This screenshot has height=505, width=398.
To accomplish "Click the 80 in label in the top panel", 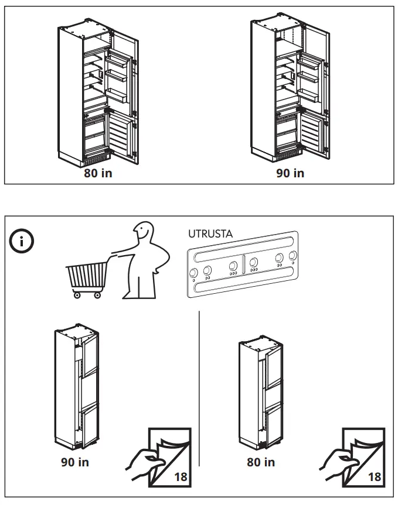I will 98,173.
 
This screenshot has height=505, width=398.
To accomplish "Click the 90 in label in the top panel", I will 290,173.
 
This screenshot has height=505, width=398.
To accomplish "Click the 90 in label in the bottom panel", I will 75,462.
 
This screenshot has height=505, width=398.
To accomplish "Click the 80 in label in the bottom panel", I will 261,462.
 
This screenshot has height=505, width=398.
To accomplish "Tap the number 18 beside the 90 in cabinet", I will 181,477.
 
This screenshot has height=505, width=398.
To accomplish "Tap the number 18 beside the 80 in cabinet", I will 373,477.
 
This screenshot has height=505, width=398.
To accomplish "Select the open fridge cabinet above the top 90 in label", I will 290,94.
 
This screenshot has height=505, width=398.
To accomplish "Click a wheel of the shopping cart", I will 77,296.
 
